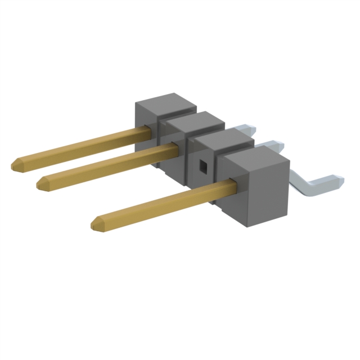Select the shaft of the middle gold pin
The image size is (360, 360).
coord(107,164)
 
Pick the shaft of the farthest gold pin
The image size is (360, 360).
coord(79,146)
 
